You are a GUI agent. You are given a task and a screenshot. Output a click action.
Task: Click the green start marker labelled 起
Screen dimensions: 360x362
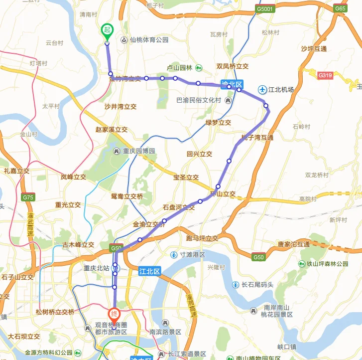pyautogui.click(x=107, y=30)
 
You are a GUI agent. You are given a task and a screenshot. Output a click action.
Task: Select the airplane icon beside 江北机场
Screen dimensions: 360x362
pyautogui.click(x=262, y=89)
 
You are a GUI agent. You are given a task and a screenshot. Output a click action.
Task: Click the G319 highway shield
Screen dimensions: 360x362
pyautogui.click(x=325, y=75)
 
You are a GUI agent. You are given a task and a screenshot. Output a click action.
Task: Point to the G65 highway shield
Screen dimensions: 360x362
pyautogui.click(x=341, y=8)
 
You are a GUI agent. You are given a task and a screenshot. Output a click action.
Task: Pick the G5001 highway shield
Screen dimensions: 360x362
pyautogui.click(x=265, y=9)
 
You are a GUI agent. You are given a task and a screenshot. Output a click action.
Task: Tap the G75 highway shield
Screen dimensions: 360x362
pyautogui.click(x=28, y=197)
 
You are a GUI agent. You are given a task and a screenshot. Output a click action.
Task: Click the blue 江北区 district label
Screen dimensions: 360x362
pyautogui.click(x=149, y=271)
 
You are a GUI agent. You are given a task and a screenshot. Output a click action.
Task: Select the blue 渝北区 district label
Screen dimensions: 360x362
pyautogui.click(x=231, y=83)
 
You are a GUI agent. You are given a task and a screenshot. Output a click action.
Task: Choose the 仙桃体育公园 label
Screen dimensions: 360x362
pyautogui.click(x=149, y=40)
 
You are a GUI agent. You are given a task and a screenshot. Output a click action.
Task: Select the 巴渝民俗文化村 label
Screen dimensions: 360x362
pyautogui.click(x=199, y=100)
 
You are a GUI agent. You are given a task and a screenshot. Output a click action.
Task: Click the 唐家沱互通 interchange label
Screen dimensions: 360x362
pyautogui.click(x=294, y=244)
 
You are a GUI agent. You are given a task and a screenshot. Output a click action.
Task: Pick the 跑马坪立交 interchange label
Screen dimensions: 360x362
pyautogui.click(x=202, y=238)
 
